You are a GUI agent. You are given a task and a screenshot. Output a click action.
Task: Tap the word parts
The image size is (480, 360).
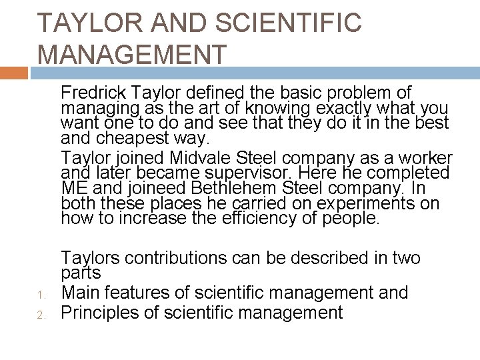click(81, 273)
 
